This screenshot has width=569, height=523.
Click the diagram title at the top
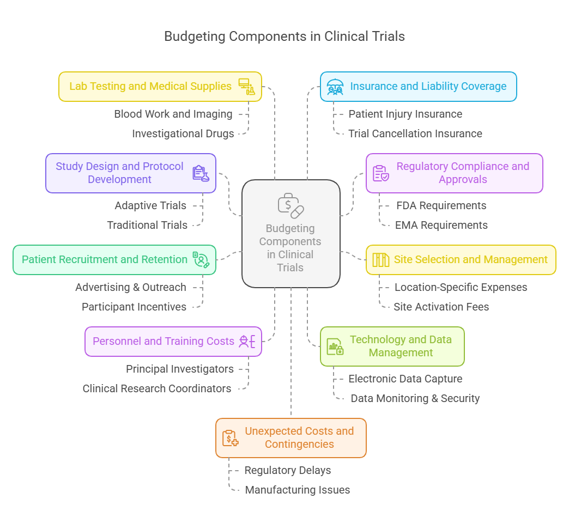[284, 37]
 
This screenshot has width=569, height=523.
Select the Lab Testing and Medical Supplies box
[160, 87]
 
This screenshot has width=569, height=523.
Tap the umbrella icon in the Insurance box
[335, 87]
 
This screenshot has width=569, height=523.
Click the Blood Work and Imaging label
[173, 114]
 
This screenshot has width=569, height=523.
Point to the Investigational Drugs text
[183, 134]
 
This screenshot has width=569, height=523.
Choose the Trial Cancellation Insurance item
[415, 134]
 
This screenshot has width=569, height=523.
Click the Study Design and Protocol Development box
[130, 173]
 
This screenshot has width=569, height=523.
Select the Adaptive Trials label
[150, 206]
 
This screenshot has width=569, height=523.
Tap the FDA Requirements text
[441, 206]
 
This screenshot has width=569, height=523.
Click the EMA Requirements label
[441, 226]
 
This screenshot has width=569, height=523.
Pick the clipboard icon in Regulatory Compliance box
[380, 173]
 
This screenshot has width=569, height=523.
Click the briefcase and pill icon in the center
[290, 205]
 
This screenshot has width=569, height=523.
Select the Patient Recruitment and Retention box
[114, 260]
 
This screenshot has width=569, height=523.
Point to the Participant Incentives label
[134, 307]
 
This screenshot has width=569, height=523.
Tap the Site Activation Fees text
[441, 307]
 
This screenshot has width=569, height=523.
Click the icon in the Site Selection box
[380, 260]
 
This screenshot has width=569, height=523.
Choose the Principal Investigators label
[180, 369]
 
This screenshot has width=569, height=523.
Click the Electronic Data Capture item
[405, 379]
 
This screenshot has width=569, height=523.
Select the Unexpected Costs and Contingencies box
[290, 438]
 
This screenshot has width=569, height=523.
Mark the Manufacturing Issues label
[297, 490]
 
